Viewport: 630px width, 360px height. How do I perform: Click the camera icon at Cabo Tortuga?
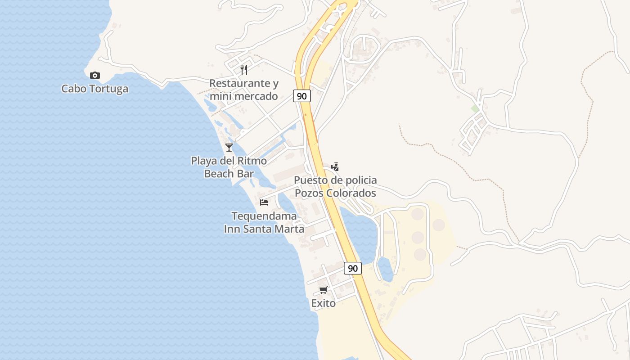[x=94, y=75]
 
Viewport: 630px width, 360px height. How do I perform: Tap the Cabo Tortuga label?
[x=94, y=89]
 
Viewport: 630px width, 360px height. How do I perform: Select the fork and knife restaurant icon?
[x=244, y=69]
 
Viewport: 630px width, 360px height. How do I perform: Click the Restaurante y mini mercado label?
[x=244, y=90]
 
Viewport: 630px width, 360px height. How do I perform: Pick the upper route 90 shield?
[x=302, y=96]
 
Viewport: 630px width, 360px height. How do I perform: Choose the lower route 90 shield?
[x=353, y=268]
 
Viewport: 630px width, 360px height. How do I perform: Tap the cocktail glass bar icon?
[x=229, y=147]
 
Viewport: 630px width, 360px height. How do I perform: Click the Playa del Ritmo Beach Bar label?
[x=229, y=167]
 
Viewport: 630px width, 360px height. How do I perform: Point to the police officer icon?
[x=335, y=167]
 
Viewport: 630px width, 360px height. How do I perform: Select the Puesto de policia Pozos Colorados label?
[x=335, y=187]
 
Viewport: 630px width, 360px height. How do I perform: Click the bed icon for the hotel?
[x=264, y=202]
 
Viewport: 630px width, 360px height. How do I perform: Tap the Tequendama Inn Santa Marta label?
[x=264, y=222]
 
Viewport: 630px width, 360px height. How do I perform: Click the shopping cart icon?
[x=323, y=290]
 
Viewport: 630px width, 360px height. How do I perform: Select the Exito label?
[x=323, y=303]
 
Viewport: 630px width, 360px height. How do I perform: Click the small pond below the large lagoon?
[x=385, y=269]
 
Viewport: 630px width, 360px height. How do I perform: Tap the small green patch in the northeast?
[x=475, y=109]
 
